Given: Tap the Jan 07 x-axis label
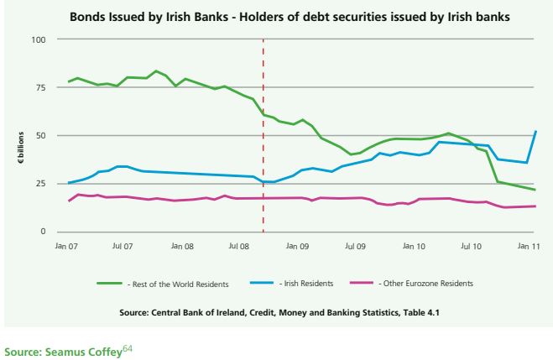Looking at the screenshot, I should pyautogui.click(x=68, y=248).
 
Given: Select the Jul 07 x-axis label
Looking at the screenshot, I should pyautogui.click(x=123, y=248).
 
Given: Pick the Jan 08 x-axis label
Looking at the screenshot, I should pyautogui.click(x=183, y=248).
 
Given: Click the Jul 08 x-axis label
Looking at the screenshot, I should pyautogui.click(x=238, y=248).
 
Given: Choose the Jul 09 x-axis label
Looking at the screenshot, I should pyautogui.click(x=355, y=248).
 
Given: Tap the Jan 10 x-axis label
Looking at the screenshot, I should pyautogui.click(x=414, y=248).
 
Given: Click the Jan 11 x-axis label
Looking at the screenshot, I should pyautogui.click(x=529, y=248).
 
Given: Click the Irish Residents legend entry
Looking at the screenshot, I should pyautogui.click(x=303, y=284).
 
